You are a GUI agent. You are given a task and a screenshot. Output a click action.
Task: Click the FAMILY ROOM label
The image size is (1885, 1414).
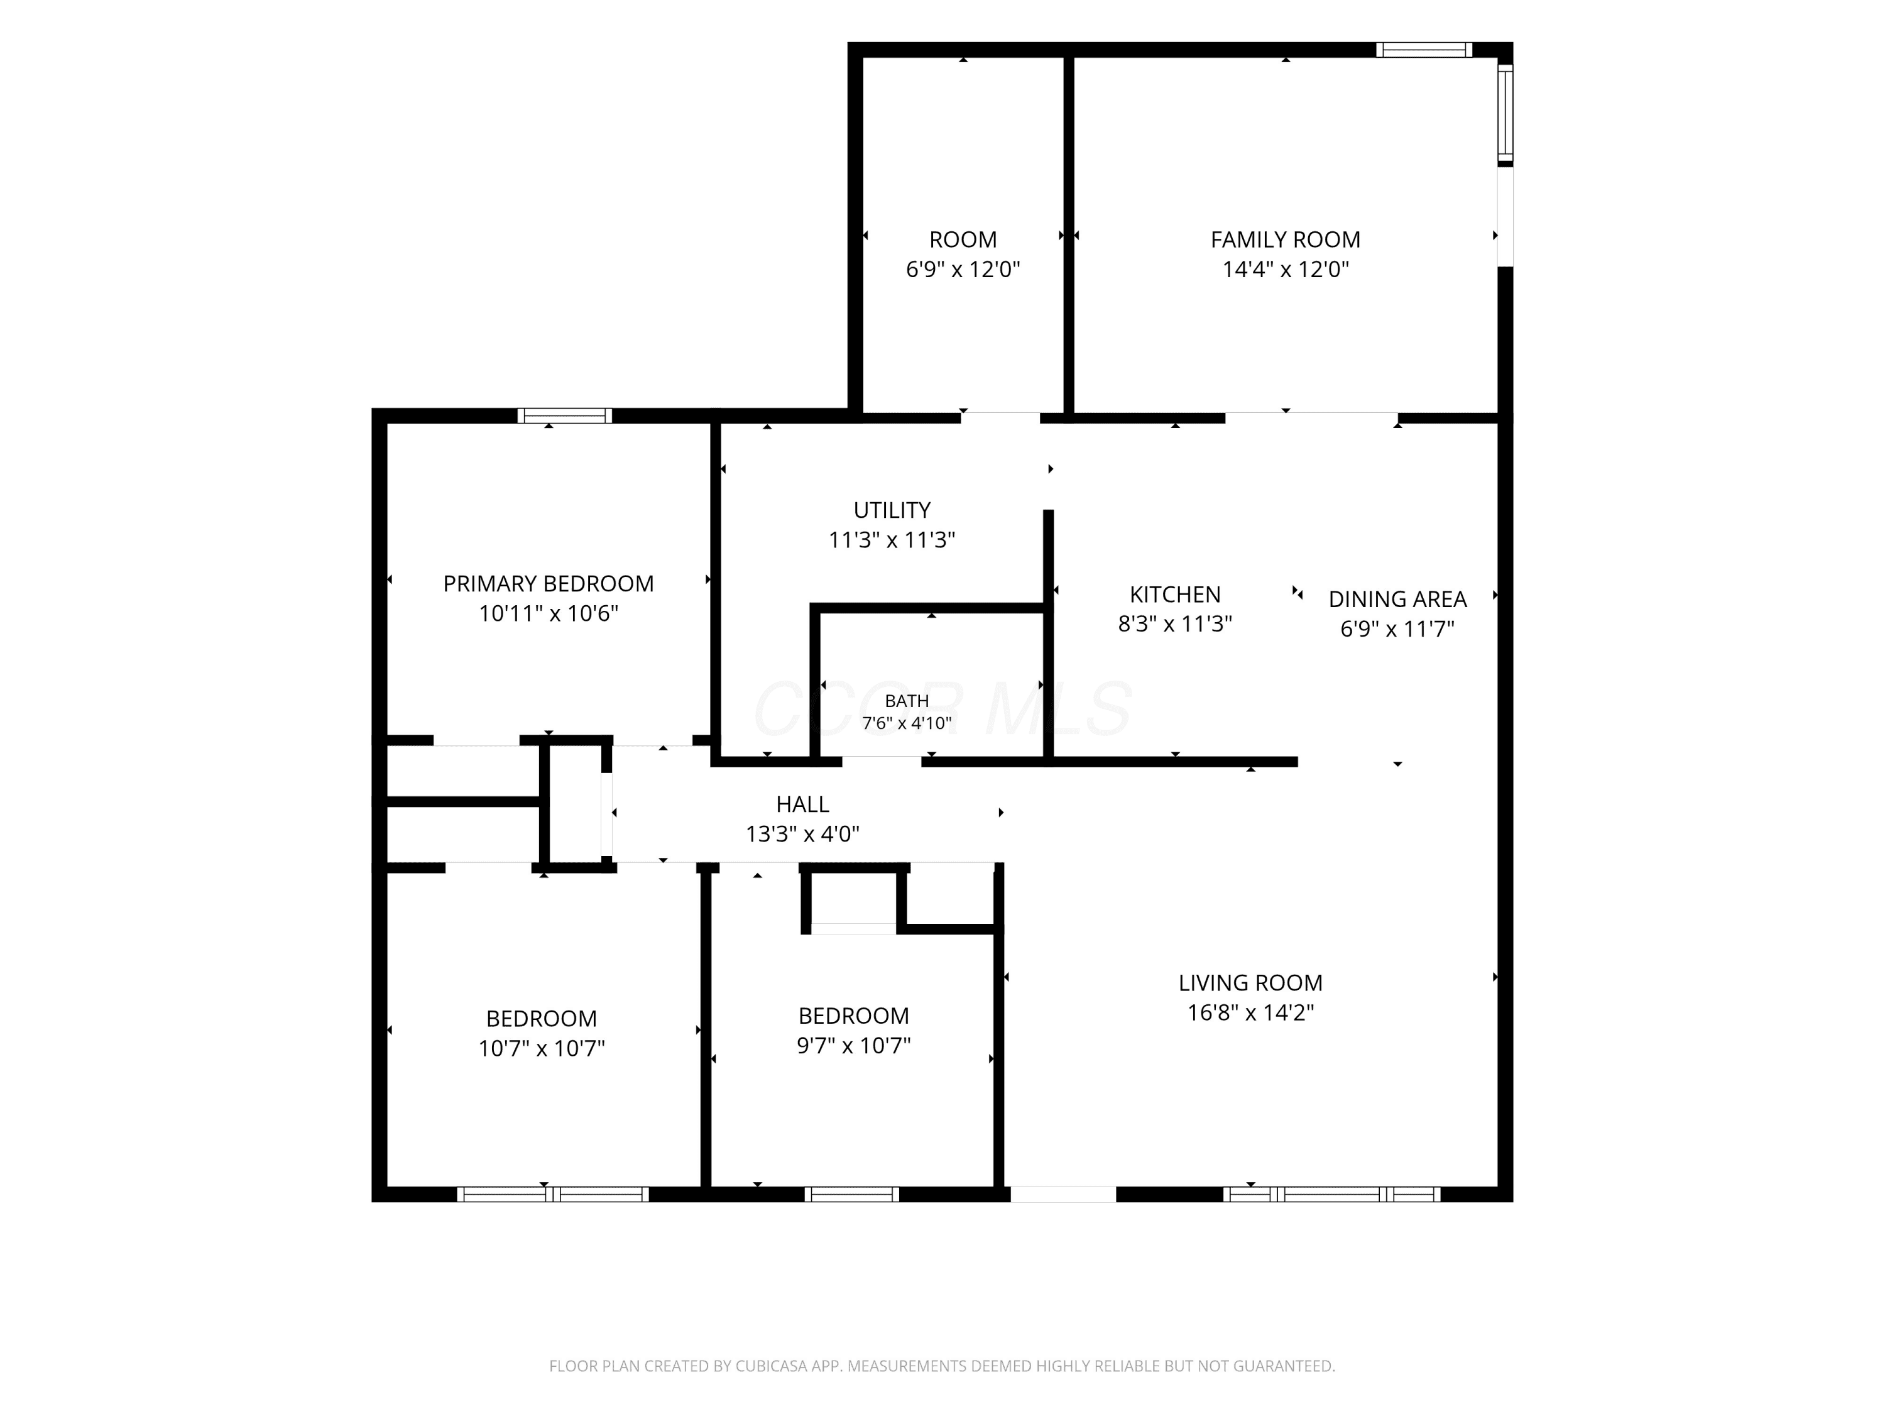point(1285,239)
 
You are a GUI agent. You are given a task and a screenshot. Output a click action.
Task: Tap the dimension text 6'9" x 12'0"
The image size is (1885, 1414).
point(963,270)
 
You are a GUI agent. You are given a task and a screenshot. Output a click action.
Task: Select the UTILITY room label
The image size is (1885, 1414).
point(892,510)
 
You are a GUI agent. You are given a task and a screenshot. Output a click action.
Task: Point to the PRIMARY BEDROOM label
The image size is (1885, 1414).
point(548,584)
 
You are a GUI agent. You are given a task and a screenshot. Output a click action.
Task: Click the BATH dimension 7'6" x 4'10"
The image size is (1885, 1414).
point(907,723)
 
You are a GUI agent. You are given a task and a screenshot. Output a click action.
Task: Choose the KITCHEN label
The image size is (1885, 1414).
point(1175,594)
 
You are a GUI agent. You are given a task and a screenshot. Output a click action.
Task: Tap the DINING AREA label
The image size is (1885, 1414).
point(1397,599)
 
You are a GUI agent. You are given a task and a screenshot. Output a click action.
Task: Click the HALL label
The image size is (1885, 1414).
point(803,804)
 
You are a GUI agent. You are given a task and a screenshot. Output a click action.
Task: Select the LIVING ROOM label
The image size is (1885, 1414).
point(1250,983)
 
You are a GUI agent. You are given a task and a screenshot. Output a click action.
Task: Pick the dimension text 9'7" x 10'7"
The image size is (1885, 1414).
point(854,1045)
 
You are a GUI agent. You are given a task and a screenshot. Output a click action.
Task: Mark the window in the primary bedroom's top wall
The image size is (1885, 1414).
point(565,416)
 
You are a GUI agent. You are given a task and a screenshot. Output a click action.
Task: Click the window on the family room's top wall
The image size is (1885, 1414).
point(1424,50)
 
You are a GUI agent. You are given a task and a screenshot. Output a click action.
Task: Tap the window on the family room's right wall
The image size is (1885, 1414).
point(1505,112)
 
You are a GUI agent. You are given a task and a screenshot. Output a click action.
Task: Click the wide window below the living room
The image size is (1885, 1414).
point(1332,1194)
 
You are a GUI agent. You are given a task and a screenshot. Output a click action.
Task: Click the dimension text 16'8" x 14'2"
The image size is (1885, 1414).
point(1250,1012)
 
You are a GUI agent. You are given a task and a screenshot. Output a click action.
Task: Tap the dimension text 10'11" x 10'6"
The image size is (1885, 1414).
point(548,613)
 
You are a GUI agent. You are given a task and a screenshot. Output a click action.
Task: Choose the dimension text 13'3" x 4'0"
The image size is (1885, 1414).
point(803,833)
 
